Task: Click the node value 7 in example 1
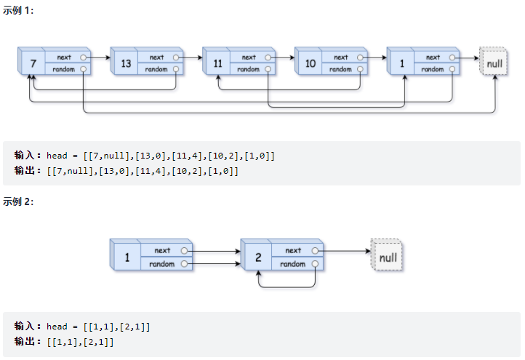click(33, 64)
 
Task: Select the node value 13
click(126, 64)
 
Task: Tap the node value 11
click(217, 64)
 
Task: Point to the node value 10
click(310, 64)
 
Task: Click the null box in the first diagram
click(494, 63)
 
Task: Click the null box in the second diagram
click(388, 257)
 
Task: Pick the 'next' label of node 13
click(156, 57)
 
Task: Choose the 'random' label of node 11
click(248, 70)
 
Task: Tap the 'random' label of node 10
click(340, 70)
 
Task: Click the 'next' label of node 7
click(64, 57)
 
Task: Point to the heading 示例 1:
click(18, 10)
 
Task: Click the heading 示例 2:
click(18, 201)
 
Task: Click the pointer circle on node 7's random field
click(84, 70)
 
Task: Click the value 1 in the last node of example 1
click(401, 64)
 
